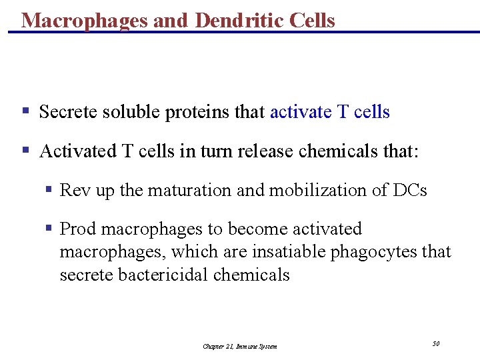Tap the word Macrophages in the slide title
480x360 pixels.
[x=85, y=20]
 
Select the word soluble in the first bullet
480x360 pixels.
[x=131, y=112]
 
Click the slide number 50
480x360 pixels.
[x=435, y=343]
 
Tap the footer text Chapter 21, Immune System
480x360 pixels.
[x=239, y=346]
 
